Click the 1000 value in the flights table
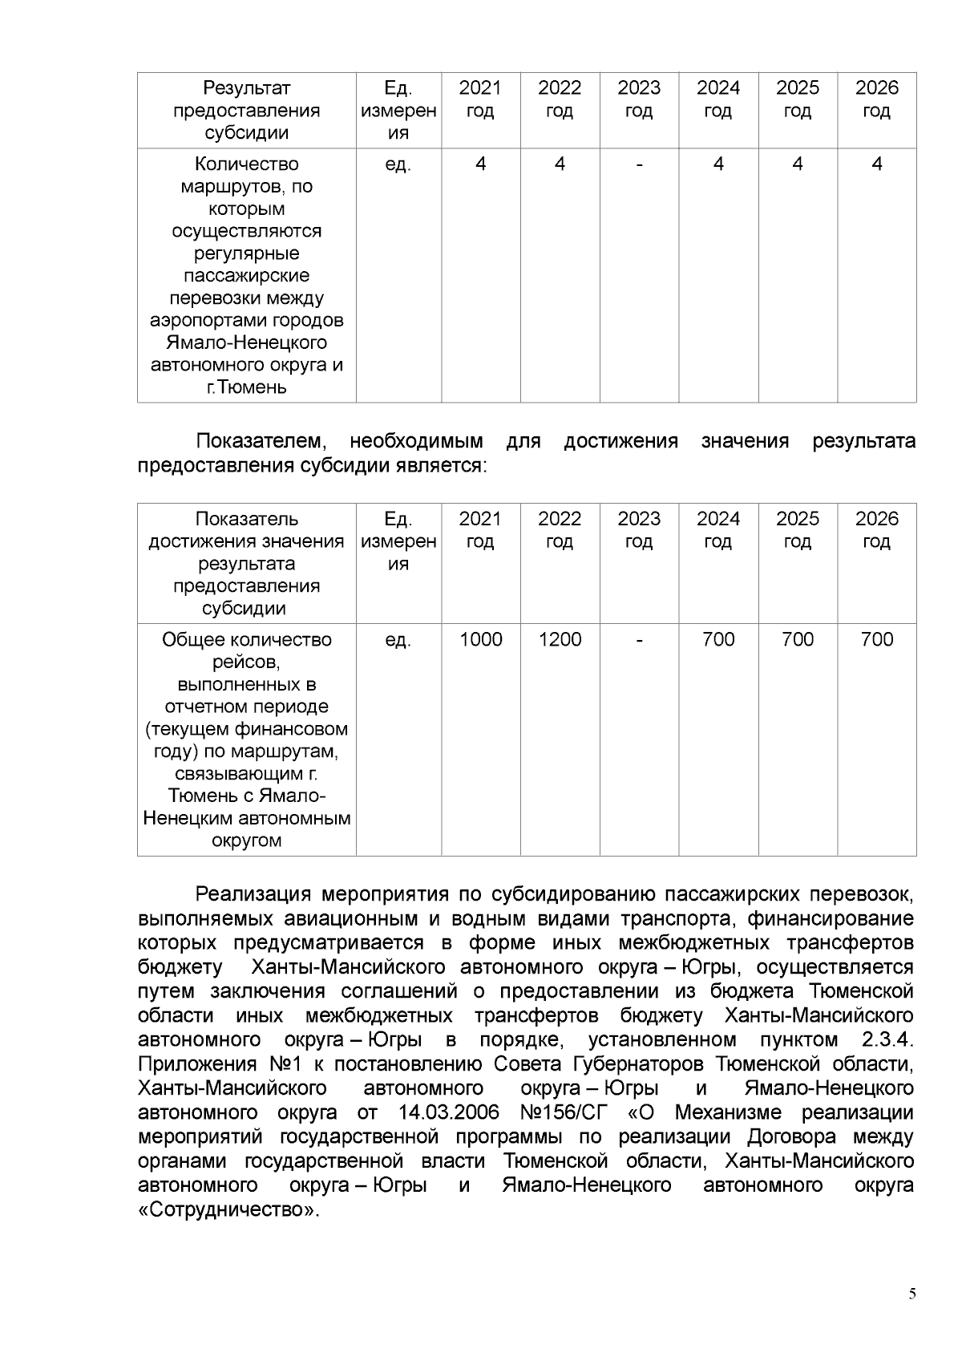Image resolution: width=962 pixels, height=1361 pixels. (x=480, y=639)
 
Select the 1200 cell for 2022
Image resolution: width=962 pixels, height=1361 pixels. (x=560, y=639)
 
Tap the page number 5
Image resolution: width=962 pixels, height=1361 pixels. (x=912, y=1294)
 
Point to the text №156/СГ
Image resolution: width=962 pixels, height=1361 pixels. (x=564, y=1112)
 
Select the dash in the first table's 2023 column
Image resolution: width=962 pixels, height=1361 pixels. (x=639, y=164)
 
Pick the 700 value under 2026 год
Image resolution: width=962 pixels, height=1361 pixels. (x=876, y=639)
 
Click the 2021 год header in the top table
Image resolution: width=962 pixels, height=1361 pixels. (x=480, y=99)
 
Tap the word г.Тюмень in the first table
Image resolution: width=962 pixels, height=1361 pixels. (x=246, y=388)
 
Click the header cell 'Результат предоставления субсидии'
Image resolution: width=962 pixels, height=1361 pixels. (x=246, y=110)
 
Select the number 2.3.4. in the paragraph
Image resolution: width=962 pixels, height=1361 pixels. (x=887, y=1040)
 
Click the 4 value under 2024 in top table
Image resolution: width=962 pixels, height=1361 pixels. (x=718, y=164)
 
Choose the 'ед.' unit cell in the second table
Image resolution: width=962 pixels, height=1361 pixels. (x=398, y=639)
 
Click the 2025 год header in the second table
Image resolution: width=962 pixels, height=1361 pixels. (x=797, y=529)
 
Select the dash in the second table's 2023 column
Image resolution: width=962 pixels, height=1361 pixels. (x=639, y=639)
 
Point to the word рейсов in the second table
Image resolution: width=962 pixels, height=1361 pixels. (x=246, y=662)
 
